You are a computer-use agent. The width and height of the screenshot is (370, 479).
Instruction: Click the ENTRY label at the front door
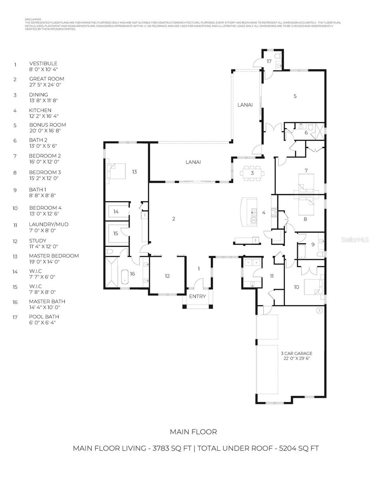click(x=197, y=296)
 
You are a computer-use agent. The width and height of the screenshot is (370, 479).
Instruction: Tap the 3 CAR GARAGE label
click(x=296, y=353)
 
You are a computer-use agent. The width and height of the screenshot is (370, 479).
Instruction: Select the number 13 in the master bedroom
click(x=135, y=172)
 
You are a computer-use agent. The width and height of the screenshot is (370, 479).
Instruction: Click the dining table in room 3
click(x=252, y=173)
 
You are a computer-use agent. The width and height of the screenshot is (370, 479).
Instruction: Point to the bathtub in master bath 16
click(x=125, y=276)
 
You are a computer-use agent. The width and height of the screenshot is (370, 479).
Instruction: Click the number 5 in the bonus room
click(x=295, y=96)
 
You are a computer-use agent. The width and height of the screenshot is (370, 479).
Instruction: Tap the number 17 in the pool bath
click(x=269, y=61)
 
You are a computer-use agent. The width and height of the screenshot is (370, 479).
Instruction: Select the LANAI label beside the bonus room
click(x=245, y=105)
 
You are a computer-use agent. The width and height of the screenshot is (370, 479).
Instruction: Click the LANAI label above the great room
click(x=193, y=162)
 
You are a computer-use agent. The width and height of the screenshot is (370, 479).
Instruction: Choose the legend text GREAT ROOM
click(x=46, y=79)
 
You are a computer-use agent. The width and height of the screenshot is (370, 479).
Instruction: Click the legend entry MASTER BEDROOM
click(x=53, y=256)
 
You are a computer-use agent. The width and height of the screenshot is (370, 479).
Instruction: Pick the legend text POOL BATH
click(x=44, y=317)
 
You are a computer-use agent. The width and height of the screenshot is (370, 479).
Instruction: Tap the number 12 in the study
click(x=167, y=276)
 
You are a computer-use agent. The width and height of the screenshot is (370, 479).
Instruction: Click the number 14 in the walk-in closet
click(x=116, y=212)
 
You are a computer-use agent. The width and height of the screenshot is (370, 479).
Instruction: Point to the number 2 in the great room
click(x=174, y=219)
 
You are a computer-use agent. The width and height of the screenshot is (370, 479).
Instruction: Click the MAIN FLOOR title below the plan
click(x=193, y=431)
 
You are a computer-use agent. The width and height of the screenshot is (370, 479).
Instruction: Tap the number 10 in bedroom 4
click(x=296, y=287)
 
